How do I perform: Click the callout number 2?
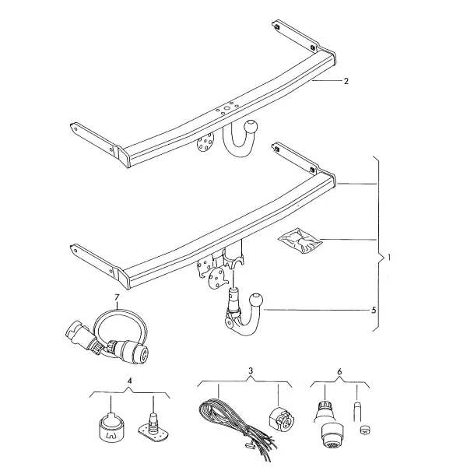[x=346, y=81]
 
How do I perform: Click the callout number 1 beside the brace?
[x=389, y=258]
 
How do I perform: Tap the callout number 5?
[x=374, y=311]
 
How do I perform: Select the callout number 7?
[x=117, y=297]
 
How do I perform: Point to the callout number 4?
[x=129, y=381]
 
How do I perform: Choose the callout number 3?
[x=251, y=370]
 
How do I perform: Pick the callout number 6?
[x=340, y=372]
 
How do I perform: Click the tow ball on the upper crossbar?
[x=251, y=127]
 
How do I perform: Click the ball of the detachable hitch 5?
[x=257, y=300]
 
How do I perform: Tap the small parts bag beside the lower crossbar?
[x=300, y=241]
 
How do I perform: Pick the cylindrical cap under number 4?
[x=111, y=427]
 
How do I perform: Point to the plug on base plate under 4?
[x=153, y=427]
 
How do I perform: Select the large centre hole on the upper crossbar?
[x=227, y=108]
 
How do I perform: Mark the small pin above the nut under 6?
[x=357, y=411]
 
